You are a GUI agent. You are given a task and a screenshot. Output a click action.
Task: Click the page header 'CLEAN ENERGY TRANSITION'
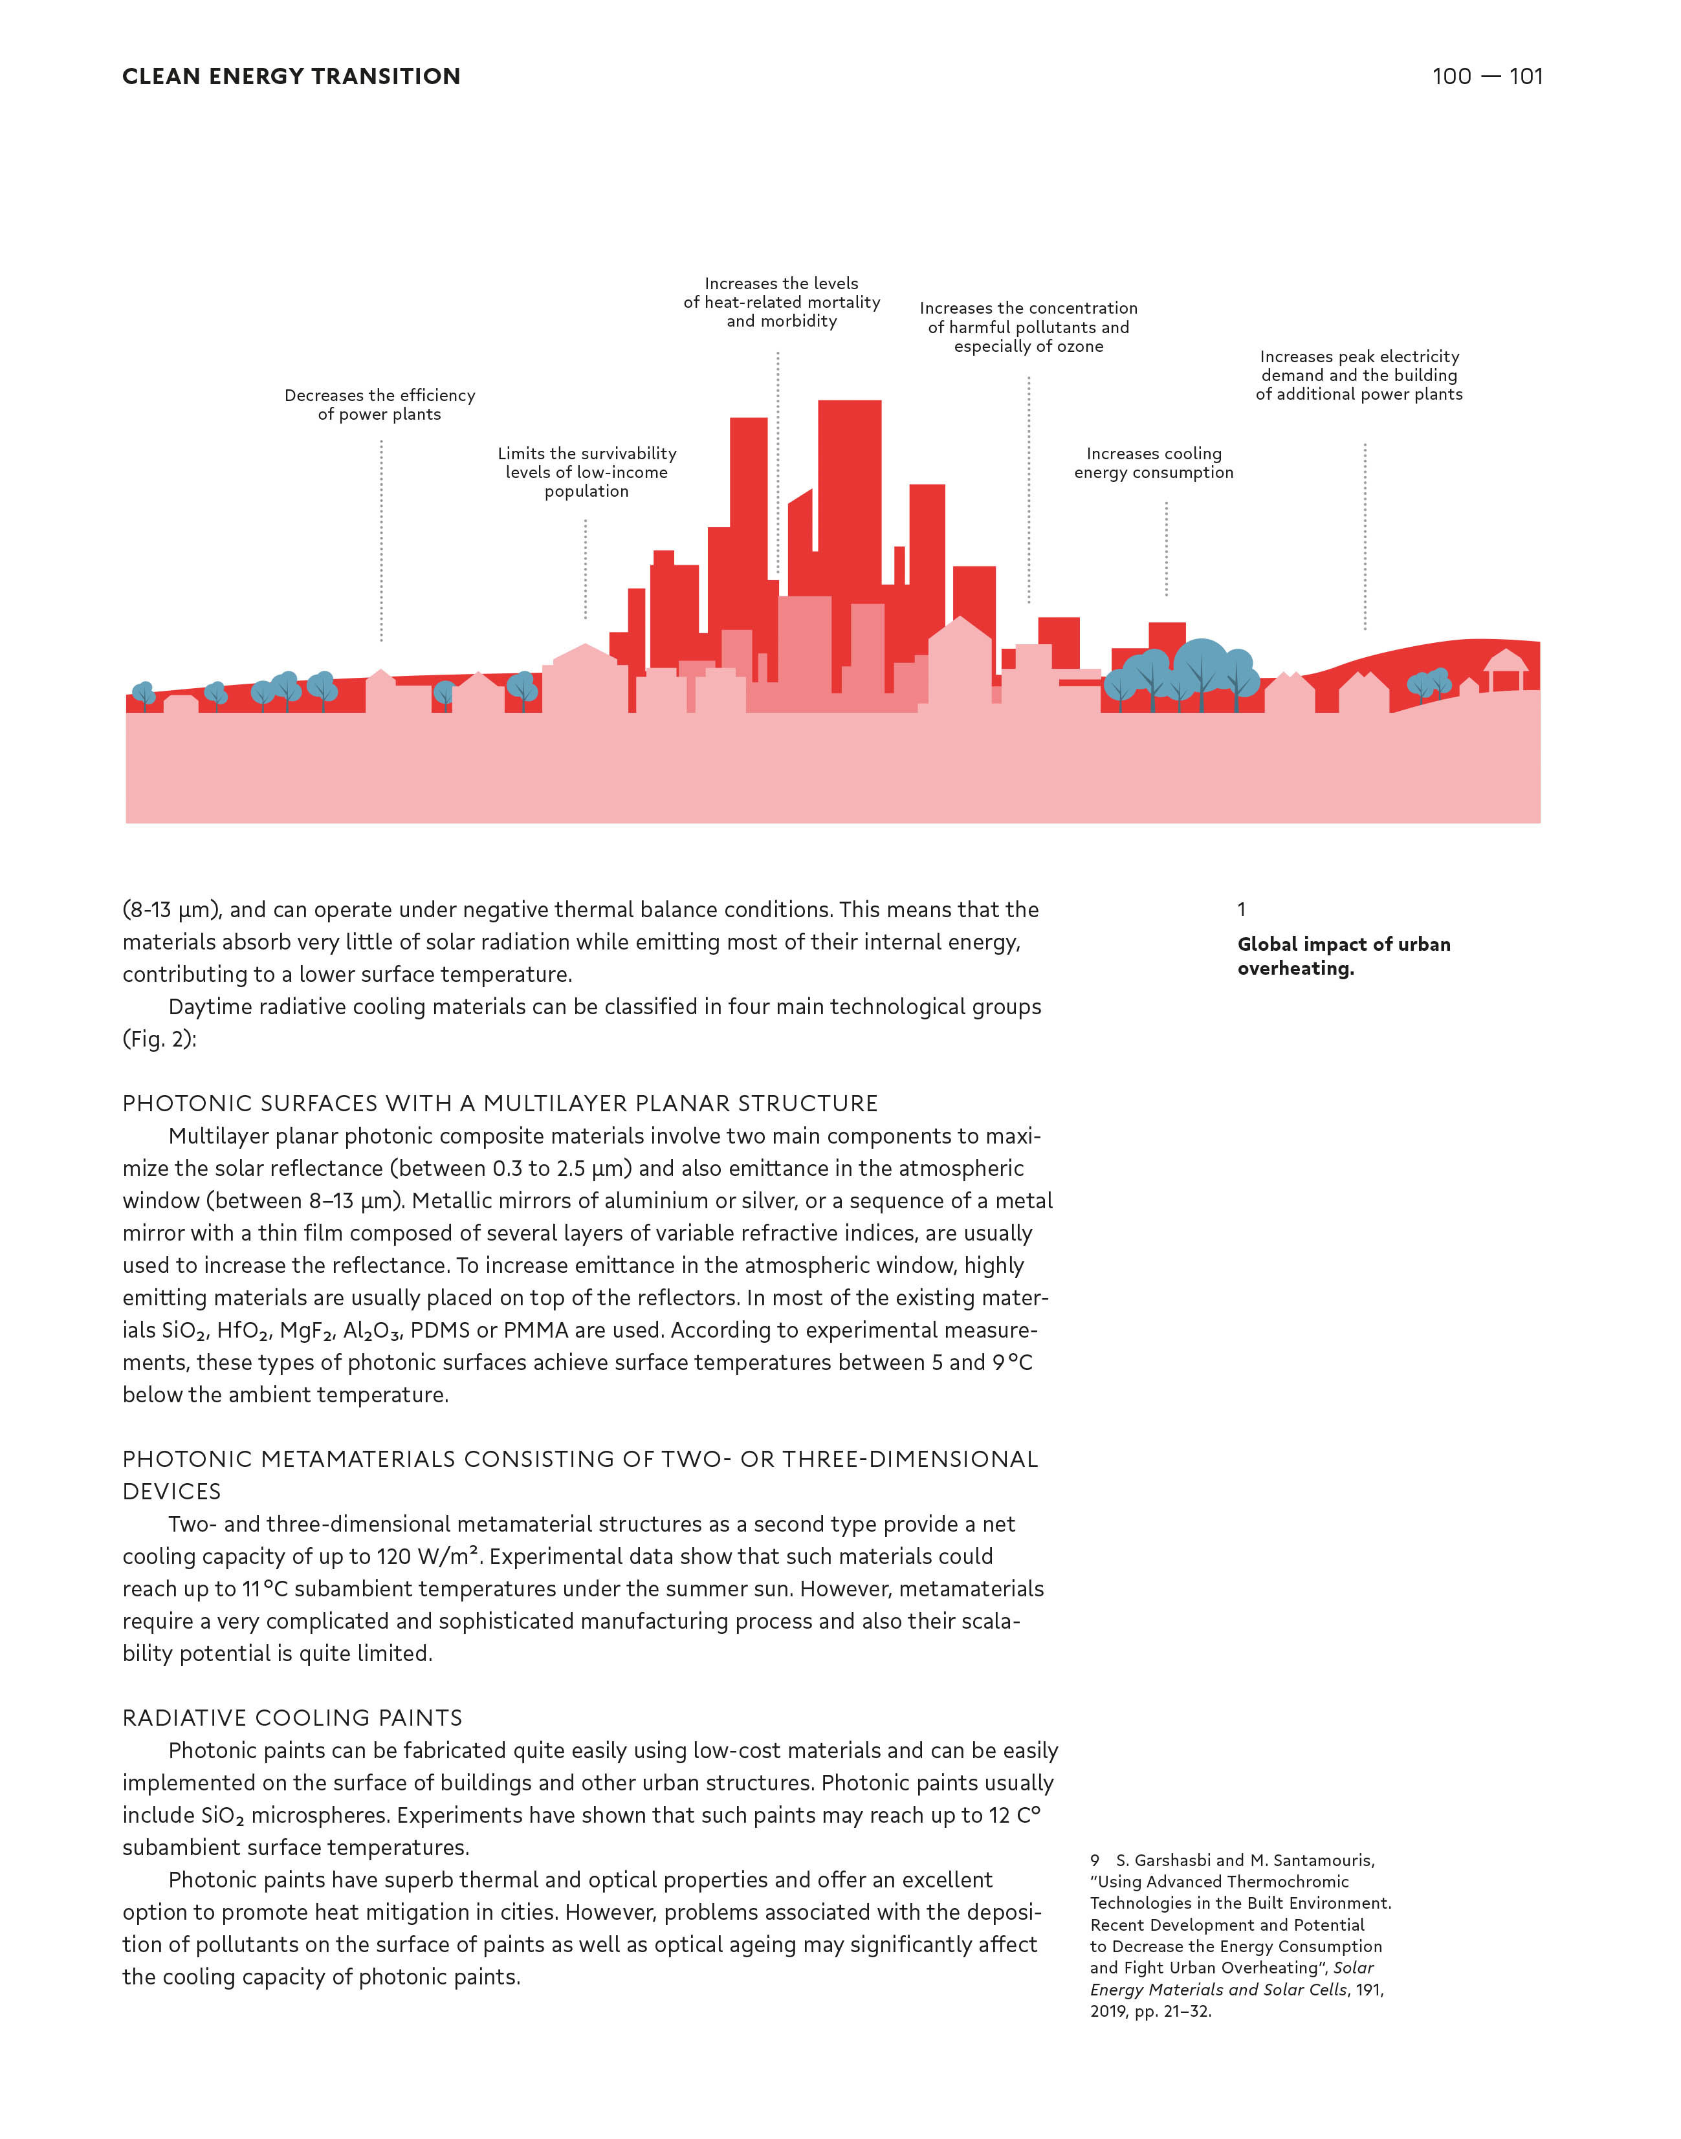click(x=291, y=77)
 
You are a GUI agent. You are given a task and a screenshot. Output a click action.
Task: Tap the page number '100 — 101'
click(x=1486, y=77)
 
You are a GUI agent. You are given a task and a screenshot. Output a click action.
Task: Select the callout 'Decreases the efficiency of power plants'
click(x=380, y=404)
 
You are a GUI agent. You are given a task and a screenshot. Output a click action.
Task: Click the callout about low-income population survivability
click(x=587, y=472)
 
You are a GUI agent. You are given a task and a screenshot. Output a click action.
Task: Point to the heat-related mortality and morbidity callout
click(x=782, y=302)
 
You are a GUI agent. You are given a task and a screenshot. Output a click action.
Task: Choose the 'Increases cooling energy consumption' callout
click(x=1154, y=463)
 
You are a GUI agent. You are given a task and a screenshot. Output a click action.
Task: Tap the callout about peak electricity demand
click(x=1359, y=375)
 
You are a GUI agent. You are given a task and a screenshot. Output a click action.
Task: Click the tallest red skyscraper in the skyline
click(x=850, y=492)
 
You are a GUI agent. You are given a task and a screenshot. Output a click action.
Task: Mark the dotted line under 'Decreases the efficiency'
click(x=382, y=541)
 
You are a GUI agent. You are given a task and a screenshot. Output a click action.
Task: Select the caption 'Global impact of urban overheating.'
click(x=1343, y=955)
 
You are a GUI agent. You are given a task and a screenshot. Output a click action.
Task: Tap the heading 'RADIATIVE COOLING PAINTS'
click(x=292, y=1718)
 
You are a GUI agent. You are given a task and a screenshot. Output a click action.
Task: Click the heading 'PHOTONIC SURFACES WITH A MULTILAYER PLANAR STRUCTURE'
click(x=500, y=1104)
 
